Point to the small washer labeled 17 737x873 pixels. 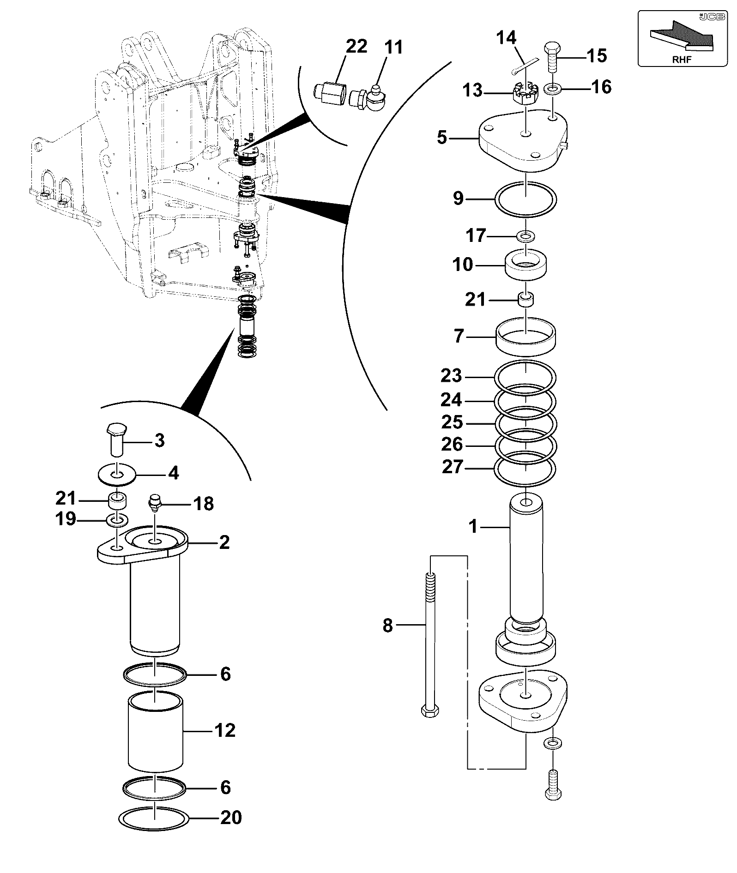526,236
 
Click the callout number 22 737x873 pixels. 356,46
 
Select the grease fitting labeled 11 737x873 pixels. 368,96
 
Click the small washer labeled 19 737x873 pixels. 117,520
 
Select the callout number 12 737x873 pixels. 225,730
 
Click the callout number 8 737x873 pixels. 388,626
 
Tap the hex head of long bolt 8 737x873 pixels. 430,723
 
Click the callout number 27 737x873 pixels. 452,467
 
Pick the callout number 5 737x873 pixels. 442,138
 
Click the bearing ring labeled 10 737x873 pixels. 526,265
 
